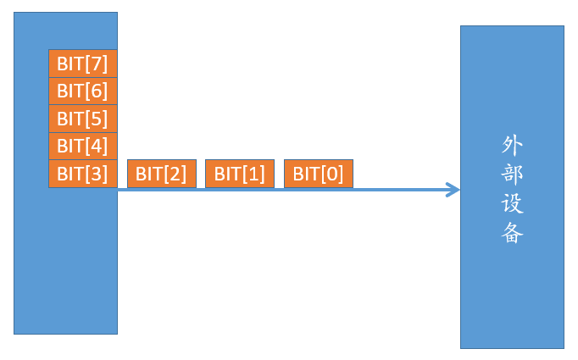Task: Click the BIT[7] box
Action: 82,63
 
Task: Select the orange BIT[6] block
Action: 82,90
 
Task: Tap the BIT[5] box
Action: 82,118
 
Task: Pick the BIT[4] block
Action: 82,146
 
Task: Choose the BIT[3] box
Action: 82,174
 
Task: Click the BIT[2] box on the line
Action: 161,174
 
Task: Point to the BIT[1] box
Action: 240,174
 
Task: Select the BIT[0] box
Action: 319,174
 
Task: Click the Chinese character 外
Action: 512,145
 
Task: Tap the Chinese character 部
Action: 512,174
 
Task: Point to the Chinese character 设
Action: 512,204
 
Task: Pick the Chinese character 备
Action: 512,233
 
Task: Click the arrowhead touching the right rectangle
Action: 453,190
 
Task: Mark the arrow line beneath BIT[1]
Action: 240,190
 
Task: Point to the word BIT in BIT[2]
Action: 149,174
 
